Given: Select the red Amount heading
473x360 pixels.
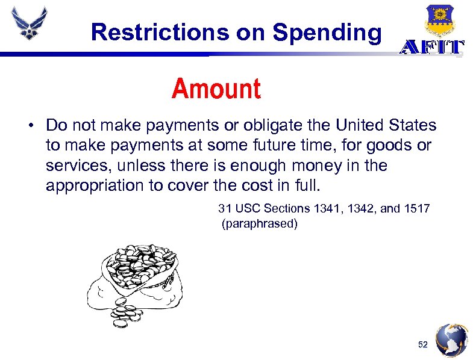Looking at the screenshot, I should coord(216,89).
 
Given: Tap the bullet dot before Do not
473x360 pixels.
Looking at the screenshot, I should coord(29,126).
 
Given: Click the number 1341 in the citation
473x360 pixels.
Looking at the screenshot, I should coord(325,208).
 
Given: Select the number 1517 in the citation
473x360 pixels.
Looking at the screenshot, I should coord(416,208).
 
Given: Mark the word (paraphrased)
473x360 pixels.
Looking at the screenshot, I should coord(260,224).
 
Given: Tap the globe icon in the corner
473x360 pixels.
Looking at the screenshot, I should coord(451,340).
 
